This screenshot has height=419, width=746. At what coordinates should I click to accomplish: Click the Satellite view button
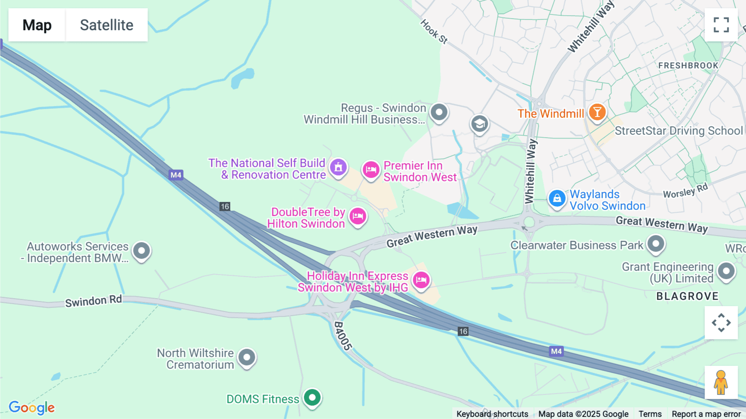point(107,25)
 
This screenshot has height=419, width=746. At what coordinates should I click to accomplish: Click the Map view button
point(37,25)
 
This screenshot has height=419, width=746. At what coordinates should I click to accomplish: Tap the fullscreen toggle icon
point(721,25)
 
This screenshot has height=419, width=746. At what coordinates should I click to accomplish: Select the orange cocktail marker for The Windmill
point(597,112)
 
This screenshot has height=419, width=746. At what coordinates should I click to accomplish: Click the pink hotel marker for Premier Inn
point(371,170)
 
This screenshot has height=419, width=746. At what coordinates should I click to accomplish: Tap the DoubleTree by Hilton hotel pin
point(358,216)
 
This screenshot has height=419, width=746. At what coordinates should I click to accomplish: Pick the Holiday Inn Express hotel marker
point(421,280)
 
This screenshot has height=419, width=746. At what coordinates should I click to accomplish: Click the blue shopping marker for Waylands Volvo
point(557,198)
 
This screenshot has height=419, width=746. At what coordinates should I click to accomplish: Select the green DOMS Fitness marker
point(312,397)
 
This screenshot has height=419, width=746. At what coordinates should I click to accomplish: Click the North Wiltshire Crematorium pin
point(247,357)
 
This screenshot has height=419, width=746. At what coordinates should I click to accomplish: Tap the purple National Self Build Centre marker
point(338,167)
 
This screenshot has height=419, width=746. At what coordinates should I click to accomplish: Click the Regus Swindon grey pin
point(439,112)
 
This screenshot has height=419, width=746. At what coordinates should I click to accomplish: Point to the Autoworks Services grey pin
point(141,251)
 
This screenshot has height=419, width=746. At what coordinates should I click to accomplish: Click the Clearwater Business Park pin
point(656,243)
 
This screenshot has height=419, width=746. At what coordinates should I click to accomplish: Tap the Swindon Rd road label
point(93,301)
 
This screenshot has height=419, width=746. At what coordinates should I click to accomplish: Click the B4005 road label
point(343,336)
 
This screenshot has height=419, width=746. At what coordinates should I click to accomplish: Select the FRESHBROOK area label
point(688,66)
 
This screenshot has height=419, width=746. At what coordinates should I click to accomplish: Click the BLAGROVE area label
point(687,296)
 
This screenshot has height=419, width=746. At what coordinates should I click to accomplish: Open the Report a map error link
point(706,414)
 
